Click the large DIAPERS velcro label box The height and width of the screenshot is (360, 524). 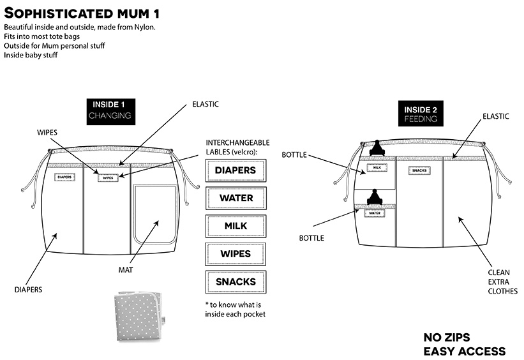(x=236, y=170)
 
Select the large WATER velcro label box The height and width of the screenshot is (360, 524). (x=236, y=198)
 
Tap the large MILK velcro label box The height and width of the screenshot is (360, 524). (x=236, y=226)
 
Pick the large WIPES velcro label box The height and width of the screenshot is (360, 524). (x=236, y=254)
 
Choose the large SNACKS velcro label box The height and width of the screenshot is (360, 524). (x=236, y=281)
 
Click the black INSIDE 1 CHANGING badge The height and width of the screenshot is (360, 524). (x=110, y=110)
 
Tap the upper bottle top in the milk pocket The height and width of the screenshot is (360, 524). (x=377, y=148)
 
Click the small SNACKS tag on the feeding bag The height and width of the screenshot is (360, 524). (x=419, y=170)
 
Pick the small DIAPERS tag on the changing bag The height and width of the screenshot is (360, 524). (x=64, y=177)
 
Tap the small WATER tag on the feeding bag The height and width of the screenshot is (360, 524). (x=375, y=213)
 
